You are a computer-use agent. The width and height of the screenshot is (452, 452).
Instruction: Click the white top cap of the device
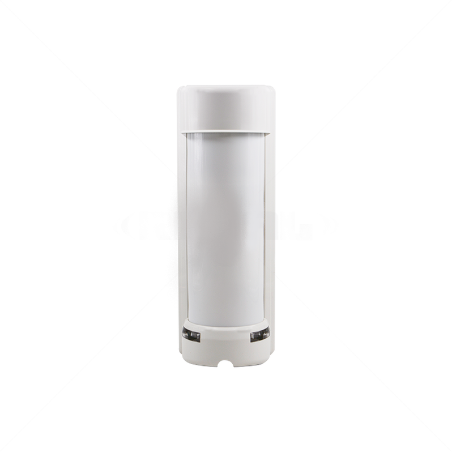[226, 108]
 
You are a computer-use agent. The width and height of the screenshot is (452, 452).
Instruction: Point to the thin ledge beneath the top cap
[226, 133]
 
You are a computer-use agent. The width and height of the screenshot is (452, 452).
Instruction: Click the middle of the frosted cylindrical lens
[226, 227]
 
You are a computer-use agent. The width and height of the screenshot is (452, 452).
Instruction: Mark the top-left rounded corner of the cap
[180, 89]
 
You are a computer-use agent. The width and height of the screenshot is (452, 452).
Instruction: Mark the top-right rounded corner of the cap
[272, 89]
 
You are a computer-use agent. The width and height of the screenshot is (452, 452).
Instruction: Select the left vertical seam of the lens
[187, 227]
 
